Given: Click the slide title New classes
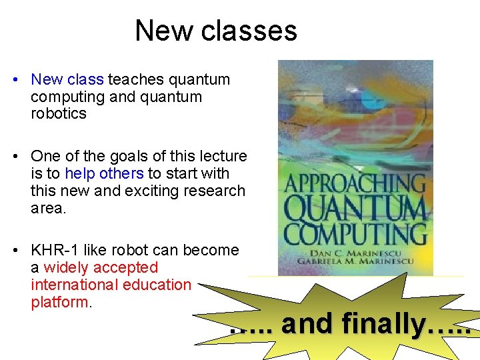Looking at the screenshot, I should pos(215,31).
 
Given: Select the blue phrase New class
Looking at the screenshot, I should pos(67,80).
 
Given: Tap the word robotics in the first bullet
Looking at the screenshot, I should pos(59,113).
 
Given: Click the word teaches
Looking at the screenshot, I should pos(135,80).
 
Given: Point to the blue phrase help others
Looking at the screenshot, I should pos(104,174).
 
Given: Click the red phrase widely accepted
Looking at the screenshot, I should pos(101,268).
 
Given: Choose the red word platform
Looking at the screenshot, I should pos(59,302).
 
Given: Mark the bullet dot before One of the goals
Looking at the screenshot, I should pos(15,157).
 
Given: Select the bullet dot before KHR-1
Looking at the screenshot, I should pos(15,251).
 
